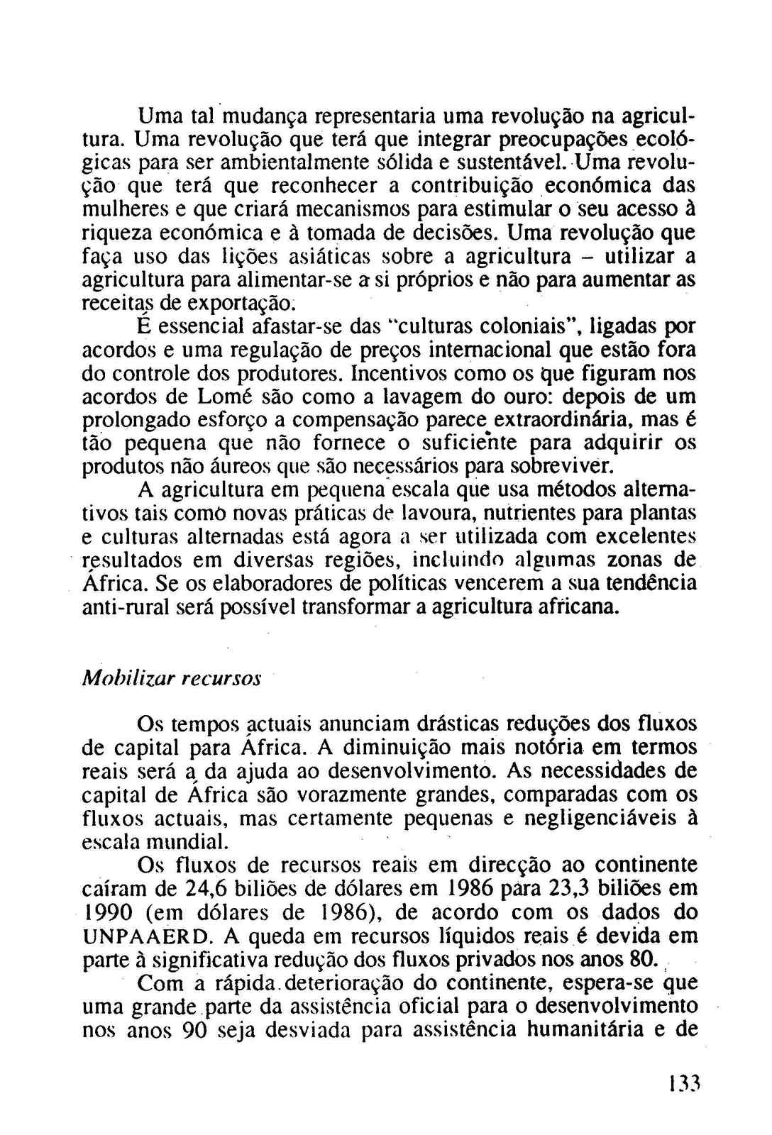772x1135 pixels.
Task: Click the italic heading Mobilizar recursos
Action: [172, 677]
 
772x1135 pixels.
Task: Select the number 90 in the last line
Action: [194, 1031]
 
